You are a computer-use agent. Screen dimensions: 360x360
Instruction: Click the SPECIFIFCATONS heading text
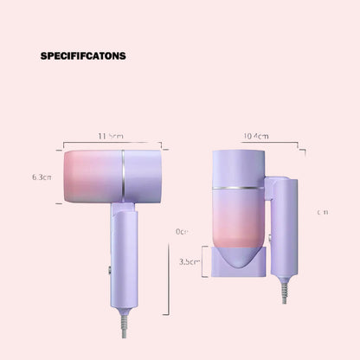click(x=83, y=56)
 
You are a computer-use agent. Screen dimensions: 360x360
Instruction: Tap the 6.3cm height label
click(x=41, y=177)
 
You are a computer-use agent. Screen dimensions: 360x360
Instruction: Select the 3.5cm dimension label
click(x=190, y=260)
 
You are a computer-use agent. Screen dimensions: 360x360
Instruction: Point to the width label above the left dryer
click(x=110, y=135)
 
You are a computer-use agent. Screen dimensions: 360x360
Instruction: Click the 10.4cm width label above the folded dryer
click(x=256, y=135)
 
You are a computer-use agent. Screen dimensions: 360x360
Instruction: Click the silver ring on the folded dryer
click(x=237, y=187)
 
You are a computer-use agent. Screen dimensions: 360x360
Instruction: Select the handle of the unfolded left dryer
click(x=122, y=251)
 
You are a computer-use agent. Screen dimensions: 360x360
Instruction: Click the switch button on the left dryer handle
click(x=111, y=270)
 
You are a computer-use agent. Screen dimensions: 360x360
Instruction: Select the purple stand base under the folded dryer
click(x=236, y=263)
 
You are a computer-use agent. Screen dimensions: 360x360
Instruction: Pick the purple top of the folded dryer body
click(x=237, y=164)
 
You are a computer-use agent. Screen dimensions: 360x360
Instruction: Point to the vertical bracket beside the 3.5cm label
click(x=203, y=261)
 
